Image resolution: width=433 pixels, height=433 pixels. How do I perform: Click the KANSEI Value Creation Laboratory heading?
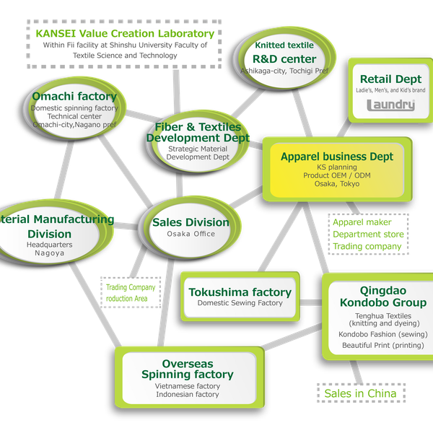[x=124, y=33]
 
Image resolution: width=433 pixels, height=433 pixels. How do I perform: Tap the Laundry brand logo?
[x=391, y=105]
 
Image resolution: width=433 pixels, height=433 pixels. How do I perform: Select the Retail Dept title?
[x=390, y=79]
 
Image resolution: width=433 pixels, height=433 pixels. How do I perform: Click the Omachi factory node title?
[x=74, y=96]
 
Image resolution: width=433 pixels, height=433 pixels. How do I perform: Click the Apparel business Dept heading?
[x=336, y=156]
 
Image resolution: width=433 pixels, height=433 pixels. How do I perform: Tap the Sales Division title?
[x=191, y=222]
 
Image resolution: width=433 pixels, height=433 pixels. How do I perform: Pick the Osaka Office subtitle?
[x=191, y=235]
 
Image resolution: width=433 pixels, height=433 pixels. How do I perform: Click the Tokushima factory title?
[x=240, y=292]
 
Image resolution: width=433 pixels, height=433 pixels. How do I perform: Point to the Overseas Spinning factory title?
[x=187, y=369]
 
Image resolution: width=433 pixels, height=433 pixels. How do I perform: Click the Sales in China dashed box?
[x=360, y=393]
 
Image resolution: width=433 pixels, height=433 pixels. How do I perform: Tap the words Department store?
[x=368, y=235]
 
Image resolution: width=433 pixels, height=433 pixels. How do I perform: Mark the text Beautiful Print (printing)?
[x=382, y=346]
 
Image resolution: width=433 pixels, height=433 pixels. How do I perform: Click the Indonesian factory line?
[x=187, y=395]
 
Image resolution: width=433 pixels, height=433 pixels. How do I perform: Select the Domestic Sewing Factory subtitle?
[x=240, y=303]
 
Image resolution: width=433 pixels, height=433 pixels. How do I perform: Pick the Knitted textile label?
[x=284, y=45]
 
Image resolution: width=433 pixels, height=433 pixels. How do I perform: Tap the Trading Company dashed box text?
[x=131, y=287]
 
